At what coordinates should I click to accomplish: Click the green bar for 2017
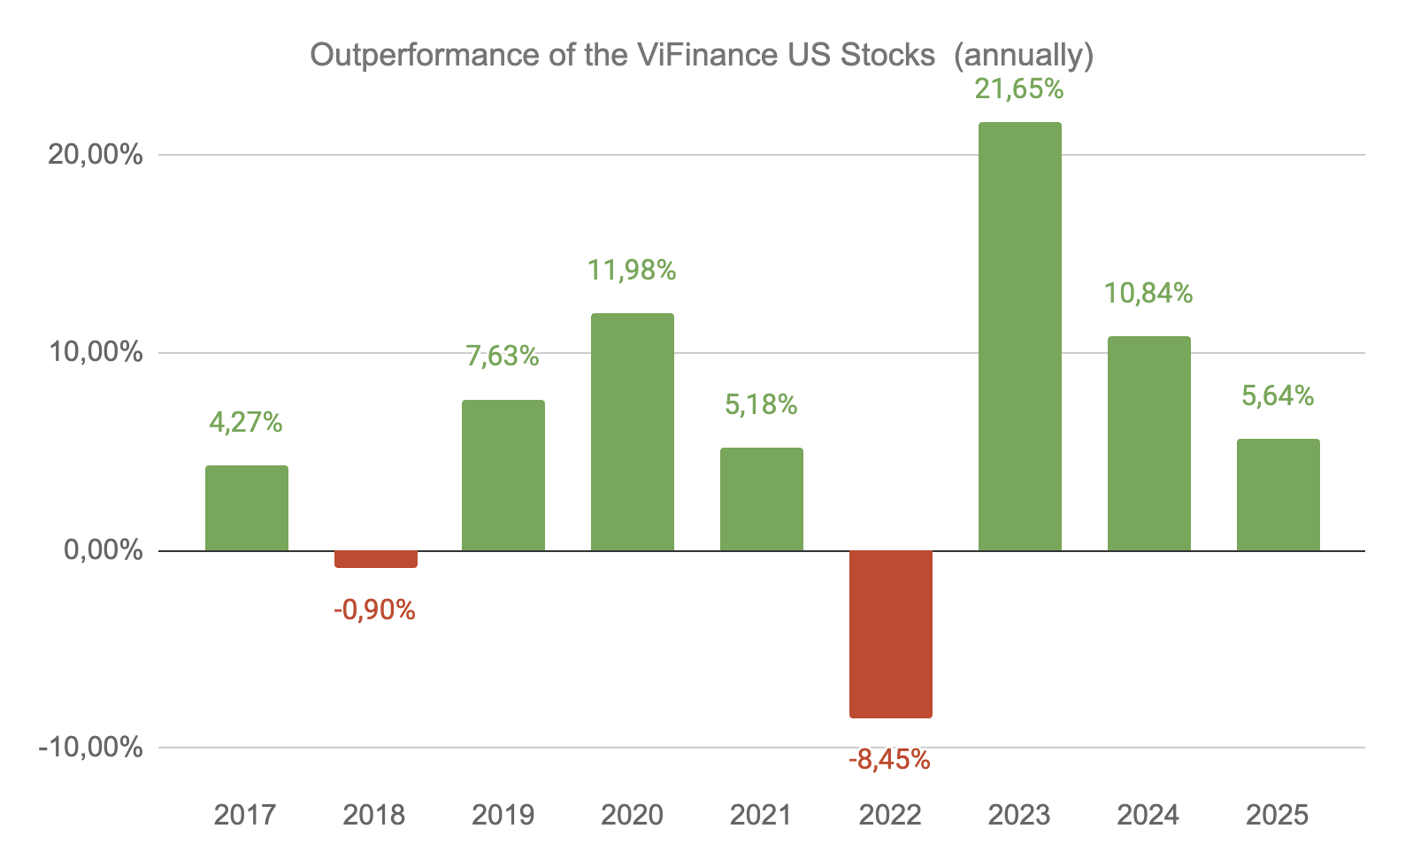[x=246, y=508]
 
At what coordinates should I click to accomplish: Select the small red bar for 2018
[x=375, y=559]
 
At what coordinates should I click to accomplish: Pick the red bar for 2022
[x=890, y=633]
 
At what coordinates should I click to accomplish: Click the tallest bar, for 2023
[x=1019, y=336]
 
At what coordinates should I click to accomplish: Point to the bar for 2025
[x=1278, y=495]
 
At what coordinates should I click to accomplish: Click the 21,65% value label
[x=1019, y=89]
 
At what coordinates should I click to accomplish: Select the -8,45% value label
[x=889, y=760]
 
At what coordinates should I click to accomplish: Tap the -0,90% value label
[x=374, y=610]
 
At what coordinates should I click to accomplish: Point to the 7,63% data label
[x=503, y=356]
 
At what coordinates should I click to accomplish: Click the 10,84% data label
[x=1148, y=293]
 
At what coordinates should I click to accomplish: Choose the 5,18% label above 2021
[x=761, y=405]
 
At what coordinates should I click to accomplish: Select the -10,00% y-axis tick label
[x=90, y=748]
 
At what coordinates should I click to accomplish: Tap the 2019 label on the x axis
[x=503, y=815]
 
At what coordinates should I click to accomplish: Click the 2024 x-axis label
[x=1148, y=815]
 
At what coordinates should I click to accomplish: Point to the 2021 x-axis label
[x=761, y=815]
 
